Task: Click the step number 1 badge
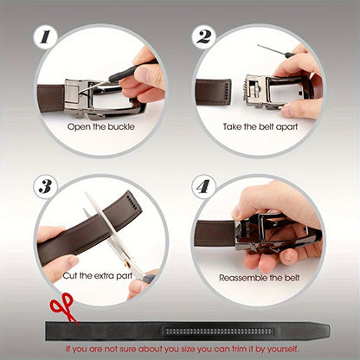tap(45, 37)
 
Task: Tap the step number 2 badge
tap(204, 37)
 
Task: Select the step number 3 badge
tap(45, 186)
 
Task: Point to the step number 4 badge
tap(203, 187)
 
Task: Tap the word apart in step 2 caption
tap(286, 127)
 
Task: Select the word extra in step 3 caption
tap(103, 276)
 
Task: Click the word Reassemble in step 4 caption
tap(243, 278)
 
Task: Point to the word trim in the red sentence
tap(238, 349)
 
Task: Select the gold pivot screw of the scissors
tap(126, 264)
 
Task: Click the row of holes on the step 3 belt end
tap(132, 202)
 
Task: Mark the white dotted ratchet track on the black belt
tap(218, 331)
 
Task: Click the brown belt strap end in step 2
tap(213, 92)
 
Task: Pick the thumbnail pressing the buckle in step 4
tap(237, 213)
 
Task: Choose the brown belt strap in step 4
tap(215, 234)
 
